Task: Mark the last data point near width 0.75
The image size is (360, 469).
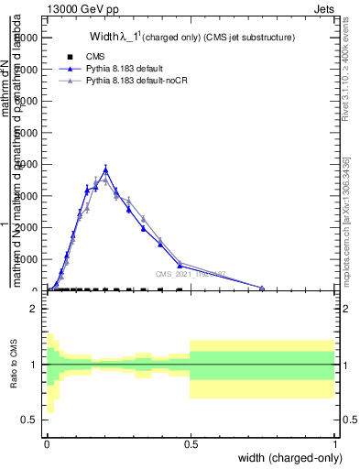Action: [262, 289]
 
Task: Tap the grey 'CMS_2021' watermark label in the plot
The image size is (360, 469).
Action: [191, 274]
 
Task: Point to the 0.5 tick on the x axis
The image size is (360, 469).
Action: [190, 443]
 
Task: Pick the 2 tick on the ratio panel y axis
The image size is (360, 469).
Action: [35, 310]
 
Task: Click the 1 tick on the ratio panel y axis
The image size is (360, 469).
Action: [35, 365]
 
